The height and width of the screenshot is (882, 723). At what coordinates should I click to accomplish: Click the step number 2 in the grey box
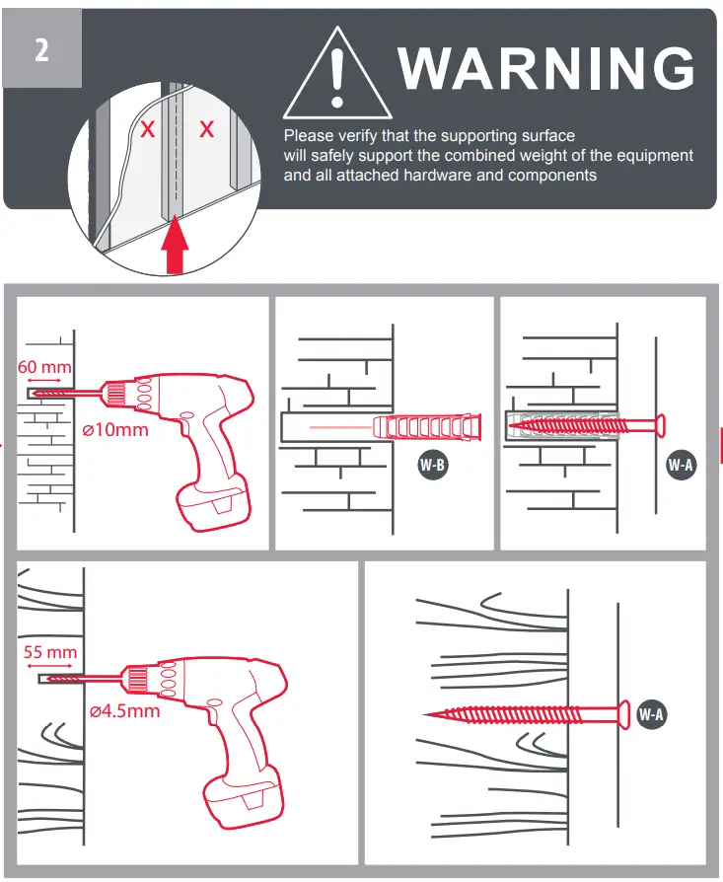[41, 49]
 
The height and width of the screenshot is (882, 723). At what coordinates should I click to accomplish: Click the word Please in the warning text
[307, 136]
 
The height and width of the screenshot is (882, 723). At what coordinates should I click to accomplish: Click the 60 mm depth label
[45, 367]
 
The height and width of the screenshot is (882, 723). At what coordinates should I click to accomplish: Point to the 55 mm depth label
[51, 653]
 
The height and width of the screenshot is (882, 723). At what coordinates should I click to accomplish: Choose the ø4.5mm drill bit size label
[123, 711]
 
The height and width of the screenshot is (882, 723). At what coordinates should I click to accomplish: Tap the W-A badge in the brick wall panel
[681, 464]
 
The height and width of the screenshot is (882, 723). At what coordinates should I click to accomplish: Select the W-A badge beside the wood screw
[651, 713]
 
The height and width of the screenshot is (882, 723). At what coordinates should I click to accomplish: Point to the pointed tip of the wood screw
[426, 713]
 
